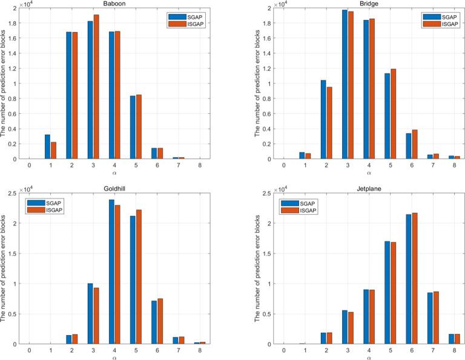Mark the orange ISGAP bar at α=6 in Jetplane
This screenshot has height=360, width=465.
point(416,278)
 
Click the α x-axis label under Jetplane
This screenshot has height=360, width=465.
point(369,357)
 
